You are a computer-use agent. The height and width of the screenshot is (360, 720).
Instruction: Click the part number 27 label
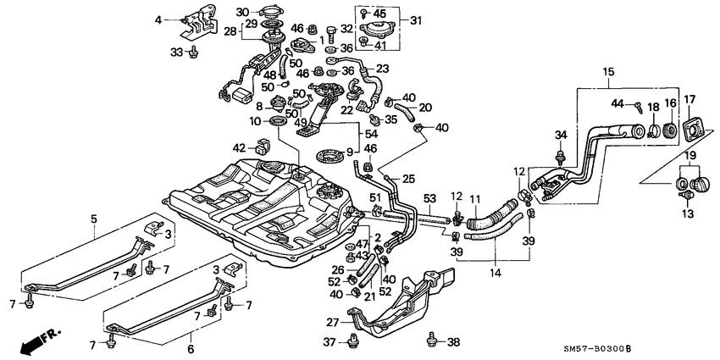click(x=333, y=322)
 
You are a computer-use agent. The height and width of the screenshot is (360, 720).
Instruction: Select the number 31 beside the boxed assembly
click(x=416, y=19)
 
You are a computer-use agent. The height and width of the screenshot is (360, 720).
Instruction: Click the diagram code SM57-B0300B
click(x=659, y=350)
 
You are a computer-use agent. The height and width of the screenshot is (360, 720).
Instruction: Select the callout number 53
click(x=429, y=198)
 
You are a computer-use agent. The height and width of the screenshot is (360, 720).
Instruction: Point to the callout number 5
click(x=92, y=219)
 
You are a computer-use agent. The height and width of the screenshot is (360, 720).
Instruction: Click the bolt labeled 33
click(x=193, y=53)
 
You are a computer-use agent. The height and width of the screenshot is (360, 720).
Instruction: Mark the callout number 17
click(x=689, y=100)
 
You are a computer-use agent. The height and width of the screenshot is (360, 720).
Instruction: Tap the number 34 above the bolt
click(x=561, y=135)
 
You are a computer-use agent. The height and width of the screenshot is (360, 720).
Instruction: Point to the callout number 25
click(x=409, y=179)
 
